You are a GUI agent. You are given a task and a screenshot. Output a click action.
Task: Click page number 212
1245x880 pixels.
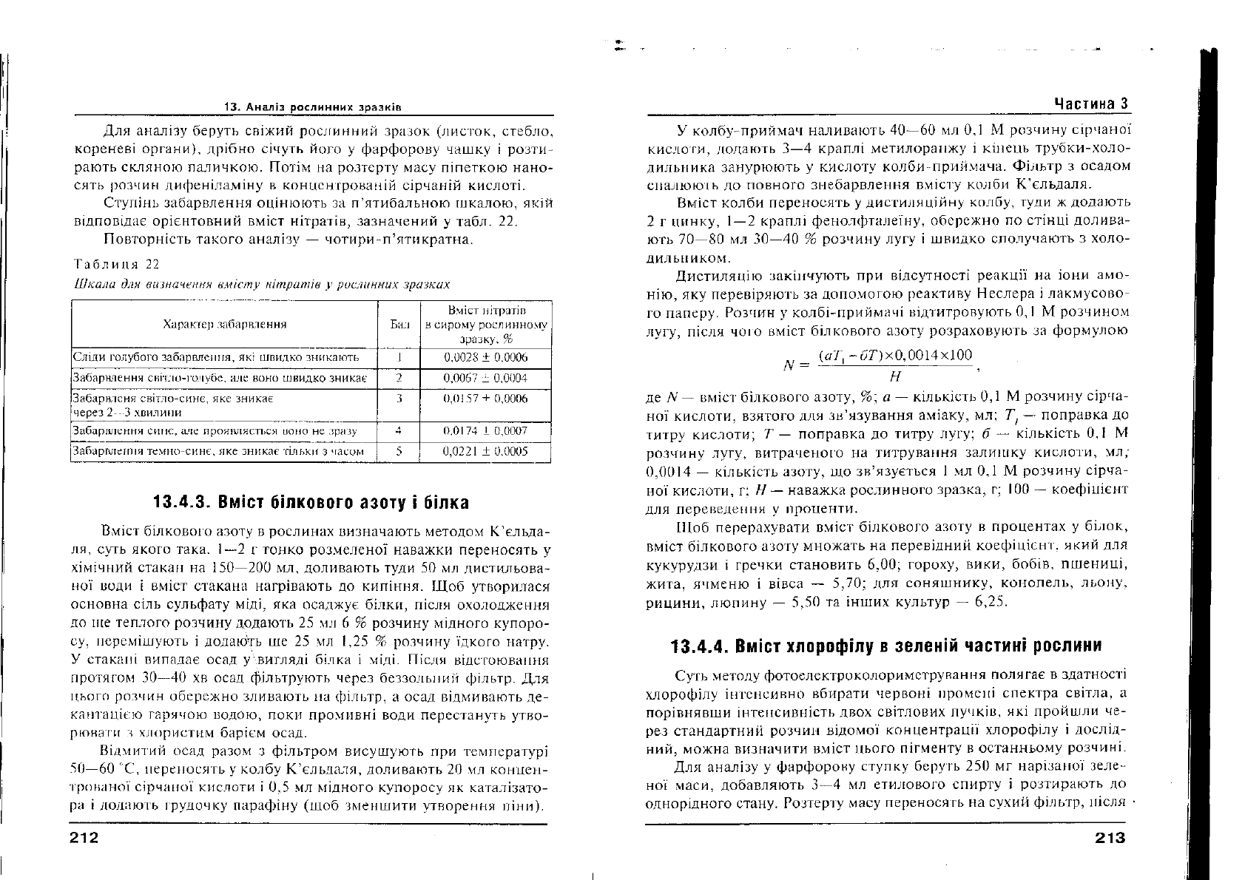coord(84,837)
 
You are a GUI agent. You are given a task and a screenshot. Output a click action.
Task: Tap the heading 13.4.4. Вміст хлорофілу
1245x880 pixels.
coord(885,646)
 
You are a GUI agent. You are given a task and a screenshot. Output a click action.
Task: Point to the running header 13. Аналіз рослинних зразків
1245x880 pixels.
coord(313,107)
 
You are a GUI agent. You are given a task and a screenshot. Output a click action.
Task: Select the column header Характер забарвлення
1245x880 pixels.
coord(225,324)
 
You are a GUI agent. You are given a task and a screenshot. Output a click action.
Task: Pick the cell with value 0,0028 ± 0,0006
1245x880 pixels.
coord(485,358)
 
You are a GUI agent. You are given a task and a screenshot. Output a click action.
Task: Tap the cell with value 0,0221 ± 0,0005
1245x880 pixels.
coord(485,451)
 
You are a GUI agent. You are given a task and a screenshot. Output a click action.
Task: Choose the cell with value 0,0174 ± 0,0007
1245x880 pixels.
coord(485,430)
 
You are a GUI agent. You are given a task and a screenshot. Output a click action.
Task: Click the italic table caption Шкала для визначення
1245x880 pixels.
coord(263,284)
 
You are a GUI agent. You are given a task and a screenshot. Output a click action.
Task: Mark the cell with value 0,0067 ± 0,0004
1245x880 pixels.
coord(485,379)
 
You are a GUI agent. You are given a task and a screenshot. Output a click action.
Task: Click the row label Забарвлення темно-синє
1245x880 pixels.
coord(218,451)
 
